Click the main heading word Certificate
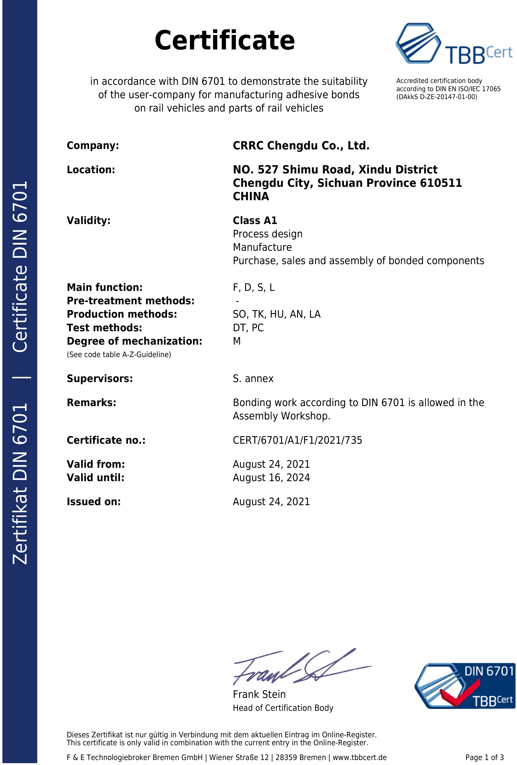pyautogui.click(x=224, y=41)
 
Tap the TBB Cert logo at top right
pyautogui.click(x=453, y=44)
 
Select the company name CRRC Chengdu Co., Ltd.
pyautogui.click(x=301, y=146)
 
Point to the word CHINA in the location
pyautogui.click(x=251, y=197)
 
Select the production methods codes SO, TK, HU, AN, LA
pyautogui.click(x=276, y=314)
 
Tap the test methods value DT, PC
pyautogui.click(x=248, y=328)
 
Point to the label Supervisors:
pyautogui.click(x=99, y=379)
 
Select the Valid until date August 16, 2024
pyautogui.click(x=271, y=478)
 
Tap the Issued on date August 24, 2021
pyautogui.click(x=271, y=502)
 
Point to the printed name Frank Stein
pyautogui.click(x=259, y=694)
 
